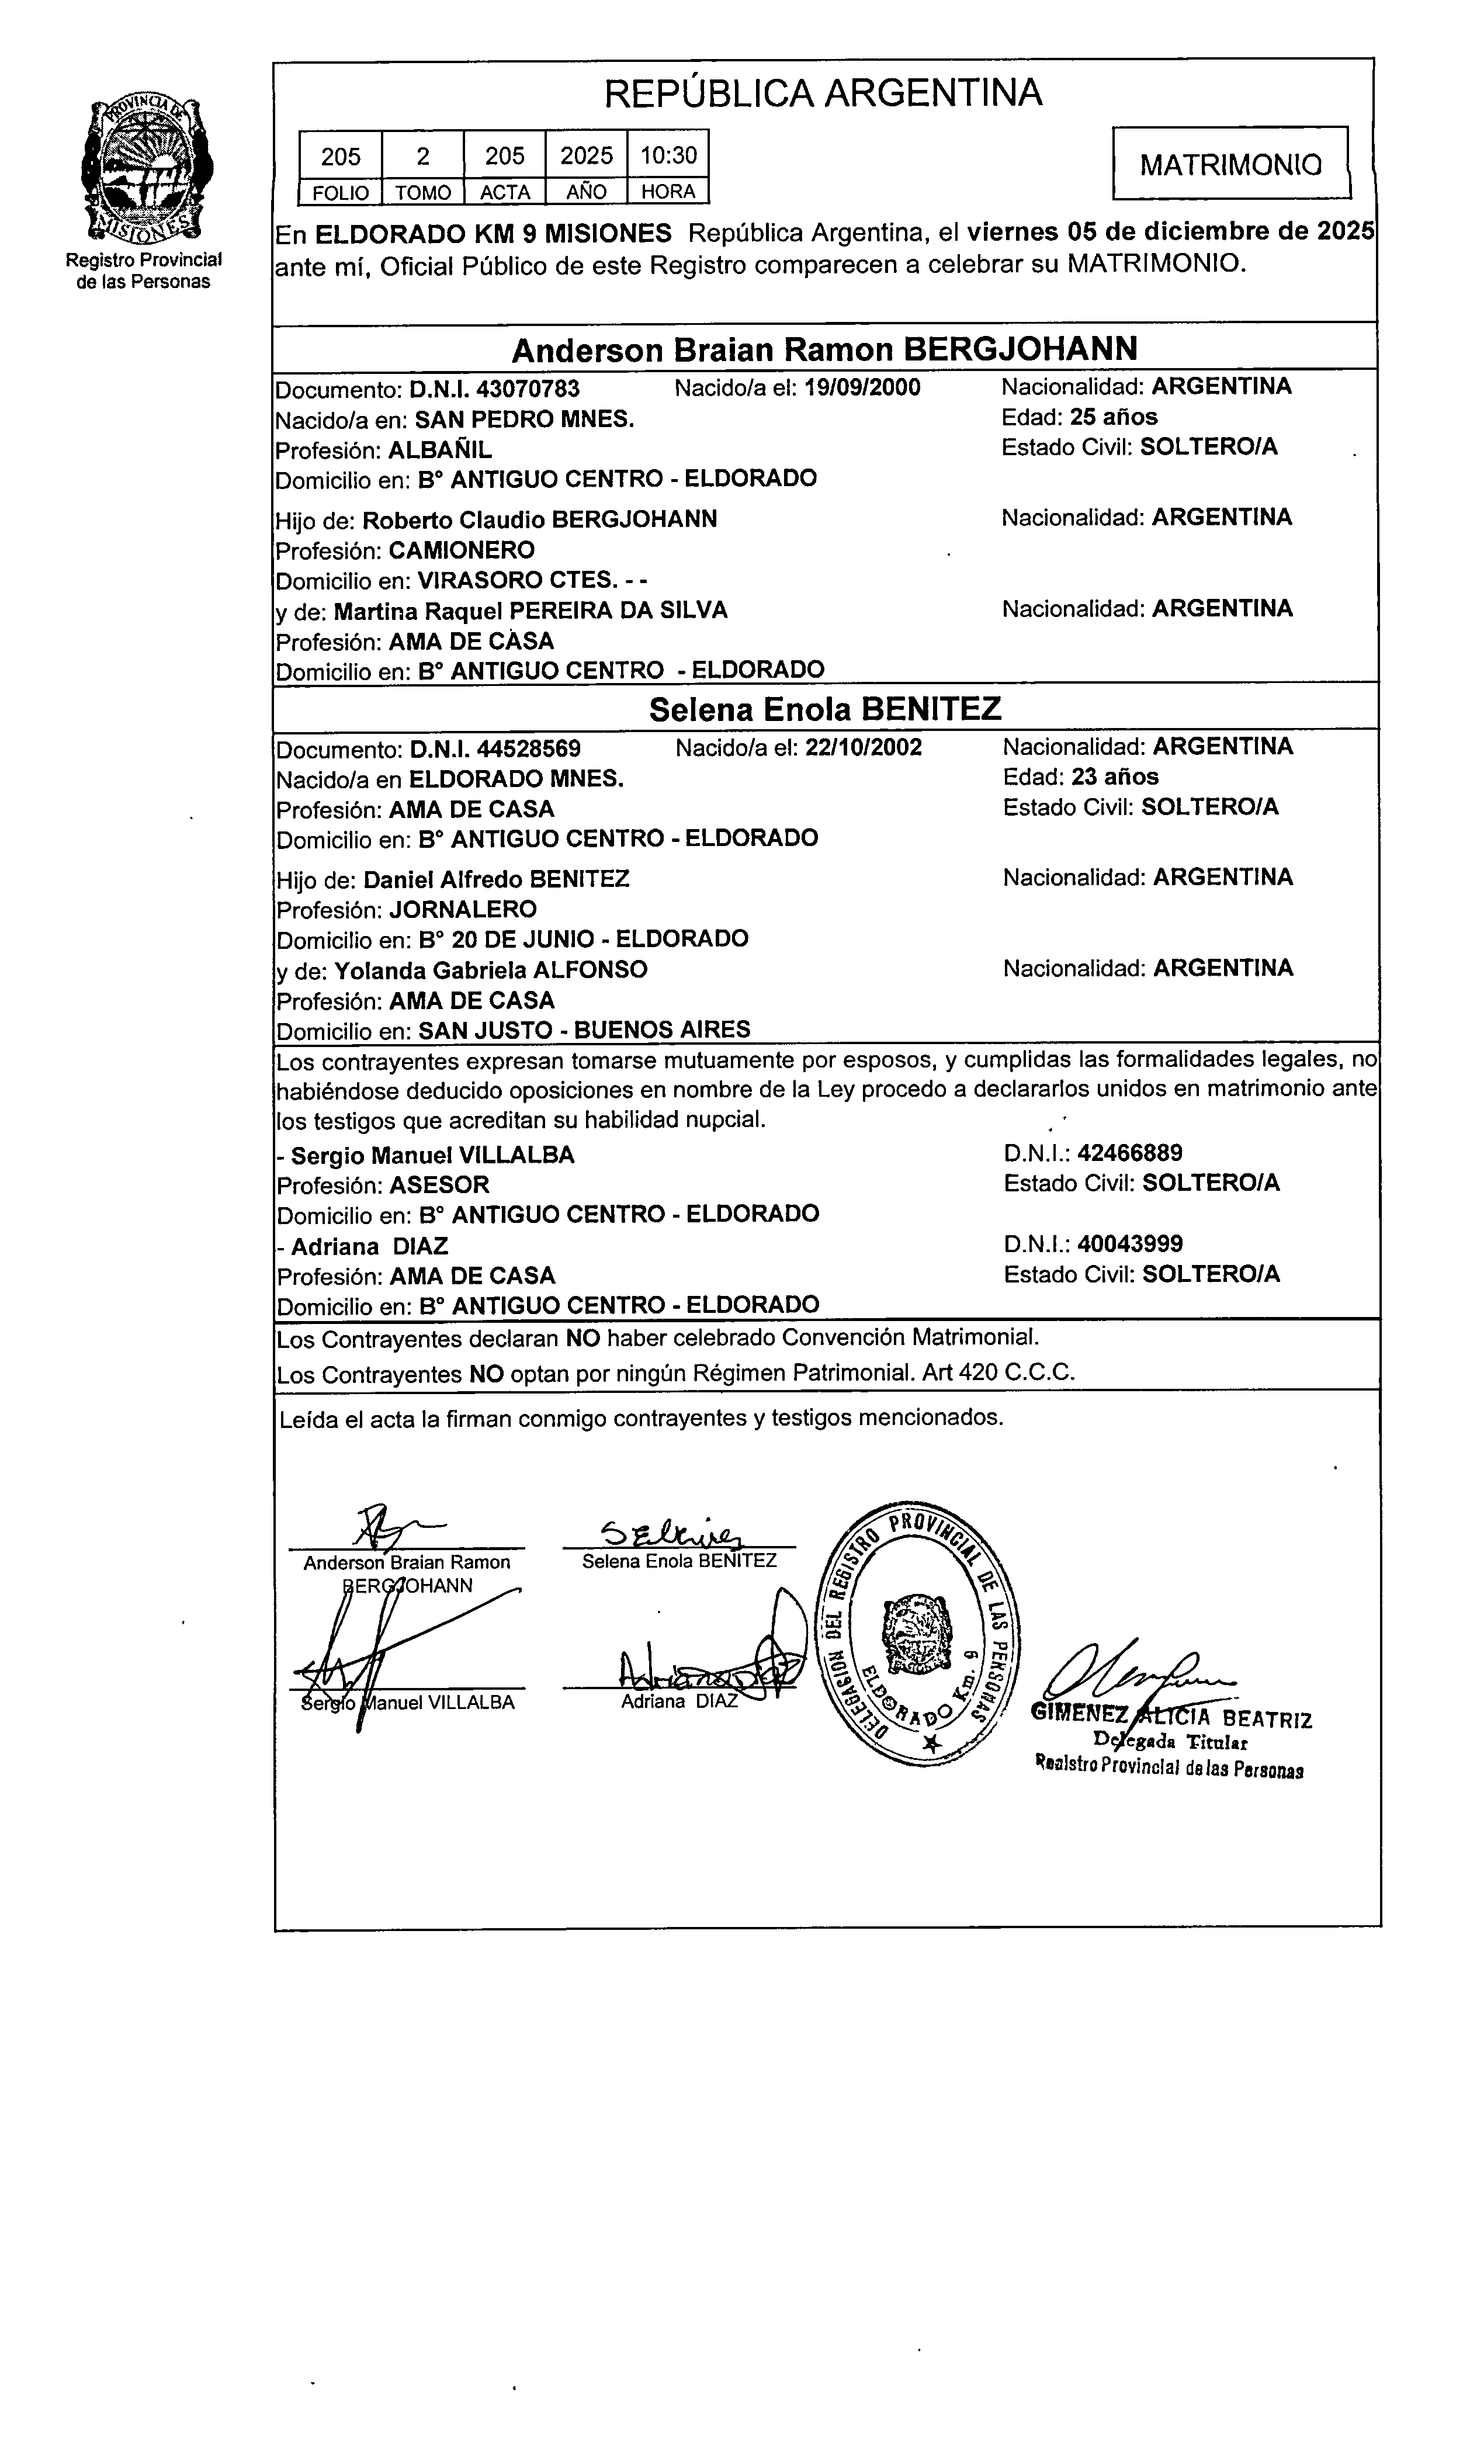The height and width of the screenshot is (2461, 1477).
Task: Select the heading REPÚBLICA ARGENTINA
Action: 823,93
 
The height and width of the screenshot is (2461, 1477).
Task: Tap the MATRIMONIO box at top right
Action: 1230,164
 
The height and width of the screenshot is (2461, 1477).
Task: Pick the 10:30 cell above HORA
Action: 668,156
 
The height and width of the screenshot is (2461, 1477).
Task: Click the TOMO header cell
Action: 423,192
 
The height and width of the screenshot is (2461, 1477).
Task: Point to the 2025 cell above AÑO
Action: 586,156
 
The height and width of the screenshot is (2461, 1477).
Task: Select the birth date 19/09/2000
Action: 862,387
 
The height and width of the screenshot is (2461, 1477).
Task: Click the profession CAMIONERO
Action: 461,550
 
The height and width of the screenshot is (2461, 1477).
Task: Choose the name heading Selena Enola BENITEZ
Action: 824,709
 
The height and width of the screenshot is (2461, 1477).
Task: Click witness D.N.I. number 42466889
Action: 1129,1153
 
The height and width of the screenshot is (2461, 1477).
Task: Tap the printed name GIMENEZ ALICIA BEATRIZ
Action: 1171,1717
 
